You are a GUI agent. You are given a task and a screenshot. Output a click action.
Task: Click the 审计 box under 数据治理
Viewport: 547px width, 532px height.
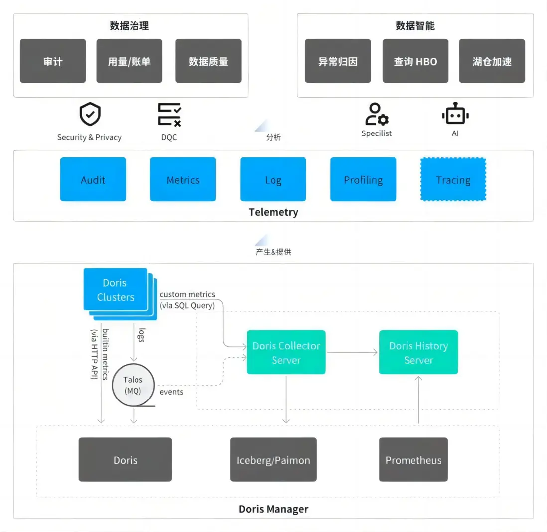point(53,61)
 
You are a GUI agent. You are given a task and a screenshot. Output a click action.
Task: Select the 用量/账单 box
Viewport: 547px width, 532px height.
point(129,61)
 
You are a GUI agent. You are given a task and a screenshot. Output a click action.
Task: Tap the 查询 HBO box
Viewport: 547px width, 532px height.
point(415,61)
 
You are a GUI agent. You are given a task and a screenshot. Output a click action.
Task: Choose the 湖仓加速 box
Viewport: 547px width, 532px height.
point(492,61)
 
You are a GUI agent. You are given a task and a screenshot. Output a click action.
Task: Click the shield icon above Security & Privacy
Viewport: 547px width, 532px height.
point(90,115)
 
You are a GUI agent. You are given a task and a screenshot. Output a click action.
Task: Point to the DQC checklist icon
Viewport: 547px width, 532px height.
point(169,115)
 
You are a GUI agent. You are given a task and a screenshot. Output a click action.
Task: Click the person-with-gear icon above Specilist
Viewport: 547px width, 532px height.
point(377,114)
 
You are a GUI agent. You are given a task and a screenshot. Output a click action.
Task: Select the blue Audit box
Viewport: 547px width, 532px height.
point(93,179)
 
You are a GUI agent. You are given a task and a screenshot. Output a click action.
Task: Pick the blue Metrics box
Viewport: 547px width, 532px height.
point(183,179)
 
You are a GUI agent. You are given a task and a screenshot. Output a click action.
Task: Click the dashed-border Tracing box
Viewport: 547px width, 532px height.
point(453,179)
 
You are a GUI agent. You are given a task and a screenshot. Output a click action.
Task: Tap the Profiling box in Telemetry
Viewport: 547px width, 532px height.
point(363,179)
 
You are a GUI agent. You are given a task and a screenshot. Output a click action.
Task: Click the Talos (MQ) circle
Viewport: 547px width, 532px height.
point(133,386)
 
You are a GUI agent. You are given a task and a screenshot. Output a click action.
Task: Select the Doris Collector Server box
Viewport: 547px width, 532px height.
point(286,352)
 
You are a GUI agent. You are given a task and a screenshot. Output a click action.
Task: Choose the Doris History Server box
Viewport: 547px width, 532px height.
point(418,352)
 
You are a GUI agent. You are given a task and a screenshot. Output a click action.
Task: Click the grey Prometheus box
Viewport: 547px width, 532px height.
point(413,460)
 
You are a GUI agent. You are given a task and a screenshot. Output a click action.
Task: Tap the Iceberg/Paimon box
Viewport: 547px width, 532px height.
point(273,460)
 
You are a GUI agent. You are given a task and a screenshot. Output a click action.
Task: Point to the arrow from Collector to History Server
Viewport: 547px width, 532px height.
point(352,352)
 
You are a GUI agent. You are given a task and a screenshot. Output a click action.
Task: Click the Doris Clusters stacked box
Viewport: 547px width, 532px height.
point(117,291)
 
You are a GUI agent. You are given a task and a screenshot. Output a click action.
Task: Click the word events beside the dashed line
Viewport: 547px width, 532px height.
point(171,392)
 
